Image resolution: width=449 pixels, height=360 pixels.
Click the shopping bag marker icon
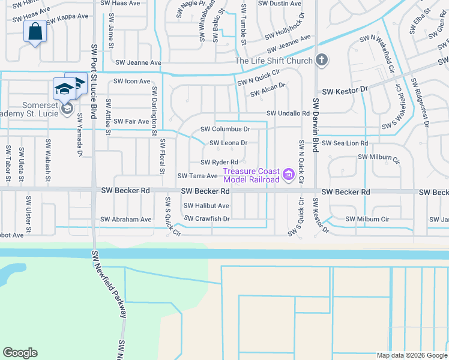pos(35,31)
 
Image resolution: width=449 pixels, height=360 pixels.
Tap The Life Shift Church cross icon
pos(322,60)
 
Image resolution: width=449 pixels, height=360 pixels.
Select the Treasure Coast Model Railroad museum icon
pos(288,175)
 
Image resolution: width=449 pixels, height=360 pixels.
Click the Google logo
pos(20,353)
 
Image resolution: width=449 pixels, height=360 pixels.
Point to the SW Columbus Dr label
pos(224,129)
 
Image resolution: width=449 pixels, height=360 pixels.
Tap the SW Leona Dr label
pos(228,143)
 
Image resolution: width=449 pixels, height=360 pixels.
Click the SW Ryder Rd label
pos(219,163)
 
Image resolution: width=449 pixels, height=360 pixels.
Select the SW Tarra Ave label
pos(197,176)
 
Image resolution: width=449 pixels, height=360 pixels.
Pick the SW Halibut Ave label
pos(206,206)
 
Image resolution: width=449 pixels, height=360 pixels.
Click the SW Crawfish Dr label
pos(207,219)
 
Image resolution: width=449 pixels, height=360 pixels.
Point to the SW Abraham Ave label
pos(126,220)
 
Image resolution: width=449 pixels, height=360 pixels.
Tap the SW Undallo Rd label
pos(288,113)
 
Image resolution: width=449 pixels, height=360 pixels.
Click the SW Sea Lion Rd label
pos(345,143)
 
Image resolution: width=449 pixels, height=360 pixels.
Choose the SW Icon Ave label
pos(132,82)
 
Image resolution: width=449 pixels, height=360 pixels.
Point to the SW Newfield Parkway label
pos(110,284)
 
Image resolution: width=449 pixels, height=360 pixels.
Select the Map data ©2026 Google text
pos(411,355)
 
